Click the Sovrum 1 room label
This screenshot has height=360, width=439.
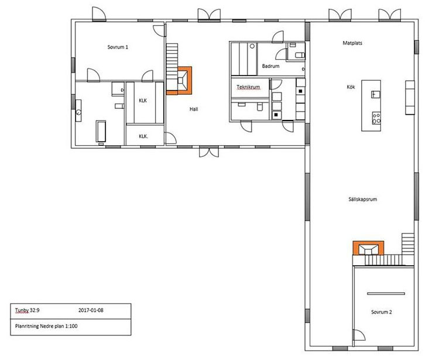(x=118, y=47)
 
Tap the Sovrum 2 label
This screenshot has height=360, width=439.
(x=381, y=312)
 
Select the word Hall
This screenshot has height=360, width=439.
(x=194, y=109)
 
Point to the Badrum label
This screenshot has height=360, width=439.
(x=271, y=66)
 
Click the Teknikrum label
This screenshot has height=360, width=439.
(x=248, y=87)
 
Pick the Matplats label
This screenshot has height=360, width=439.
(x=352, y=43)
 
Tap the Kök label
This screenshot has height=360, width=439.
(x=351, y=87)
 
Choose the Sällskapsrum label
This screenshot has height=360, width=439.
(x=362, y=199)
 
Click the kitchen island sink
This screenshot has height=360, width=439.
(x=376, y=94)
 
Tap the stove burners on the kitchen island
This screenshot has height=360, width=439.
(x=376, y=118)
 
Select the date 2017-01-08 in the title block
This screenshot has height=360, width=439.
(x=91, y=310)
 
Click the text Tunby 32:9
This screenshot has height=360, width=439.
(x=27, y=310)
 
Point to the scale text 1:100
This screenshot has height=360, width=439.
(x=71, y=326)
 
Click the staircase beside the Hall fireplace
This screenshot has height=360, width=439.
(x=172, y=67)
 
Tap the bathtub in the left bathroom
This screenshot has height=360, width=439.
(x=101, y=131)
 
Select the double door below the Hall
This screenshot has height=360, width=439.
(x=209, y=152)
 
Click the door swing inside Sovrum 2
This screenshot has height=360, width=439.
(x=359, y=335)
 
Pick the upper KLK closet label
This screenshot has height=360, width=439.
(x=143, y=101)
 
